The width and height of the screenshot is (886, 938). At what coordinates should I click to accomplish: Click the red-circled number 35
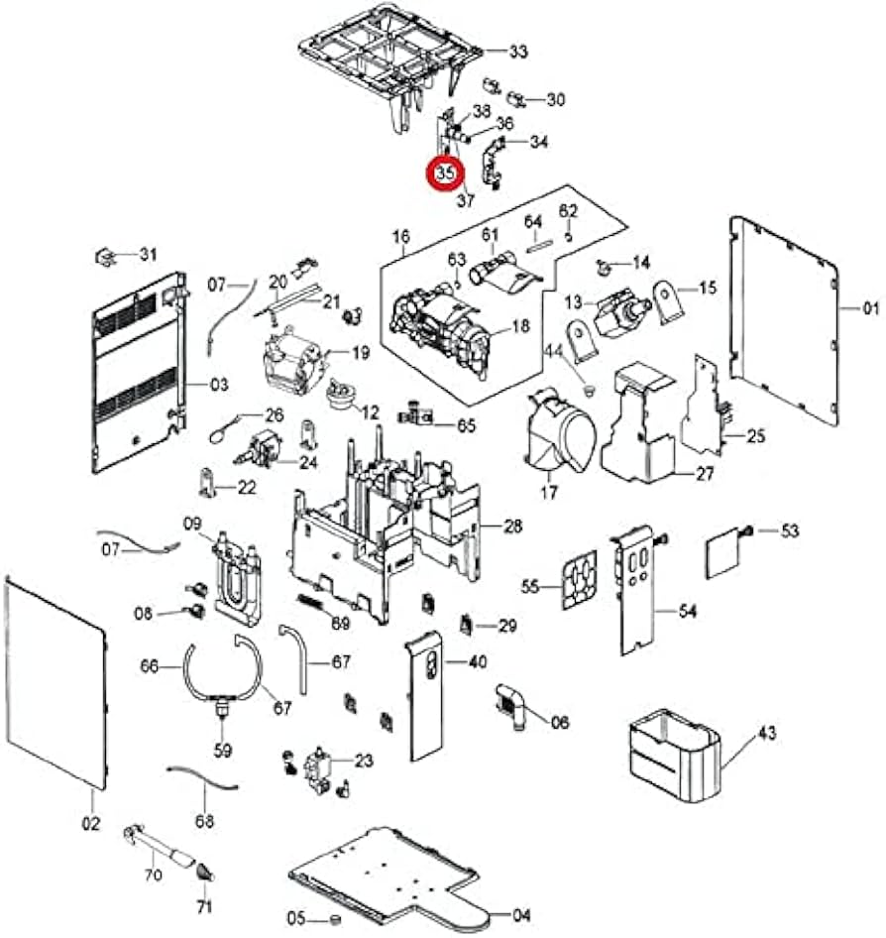(445, 173)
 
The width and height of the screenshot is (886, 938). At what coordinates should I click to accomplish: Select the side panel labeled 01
(783, 317)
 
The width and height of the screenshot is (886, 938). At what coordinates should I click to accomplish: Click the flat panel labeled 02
(55, 684)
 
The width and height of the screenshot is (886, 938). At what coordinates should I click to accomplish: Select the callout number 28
(512, 527)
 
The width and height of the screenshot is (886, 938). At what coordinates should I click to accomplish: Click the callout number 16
(401, 237)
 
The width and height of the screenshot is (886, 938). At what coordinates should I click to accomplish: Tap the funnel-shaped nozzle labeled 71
(204, 871)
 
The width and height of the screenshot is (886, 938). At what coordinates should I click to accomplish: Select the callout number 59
(223, 750)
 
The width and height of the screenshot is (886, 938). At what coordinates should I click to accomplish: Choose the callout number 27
(704, 474)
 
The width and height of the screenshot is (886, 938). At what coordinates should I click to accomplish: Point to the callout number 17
(549, 491)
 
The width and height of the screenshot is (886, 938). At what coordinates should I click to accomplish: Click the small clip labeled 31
(107, 256)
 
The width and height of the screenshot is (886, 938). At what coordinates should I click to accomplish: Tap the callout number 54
(688, 612)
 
